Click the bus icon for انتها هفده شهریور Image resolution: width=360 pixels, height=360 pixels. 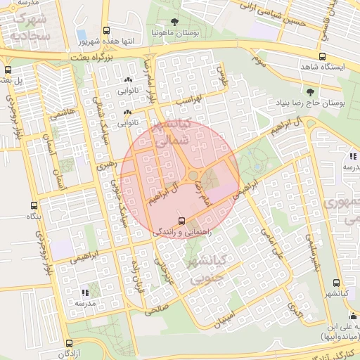coord(106,31)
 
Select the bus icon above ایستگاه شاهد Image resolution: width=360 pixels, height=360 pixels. coord(322,56)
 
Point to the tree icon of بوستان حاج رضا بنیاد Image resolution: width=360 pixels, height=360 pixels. coord(310,91)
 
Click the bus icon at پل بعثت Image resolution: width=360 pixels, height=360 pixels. coord(8,70)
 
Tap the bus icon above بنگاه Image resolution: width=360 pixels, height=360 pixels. coord(34,206)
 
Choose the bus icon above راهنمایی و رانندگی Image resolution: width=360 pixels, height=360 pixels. coord(183,219)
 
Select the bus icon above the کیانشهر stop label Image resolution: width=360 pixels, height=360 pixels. coord(336,283)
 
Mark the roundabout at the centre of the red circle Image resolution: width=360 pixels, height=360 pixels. coord(193,175)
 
